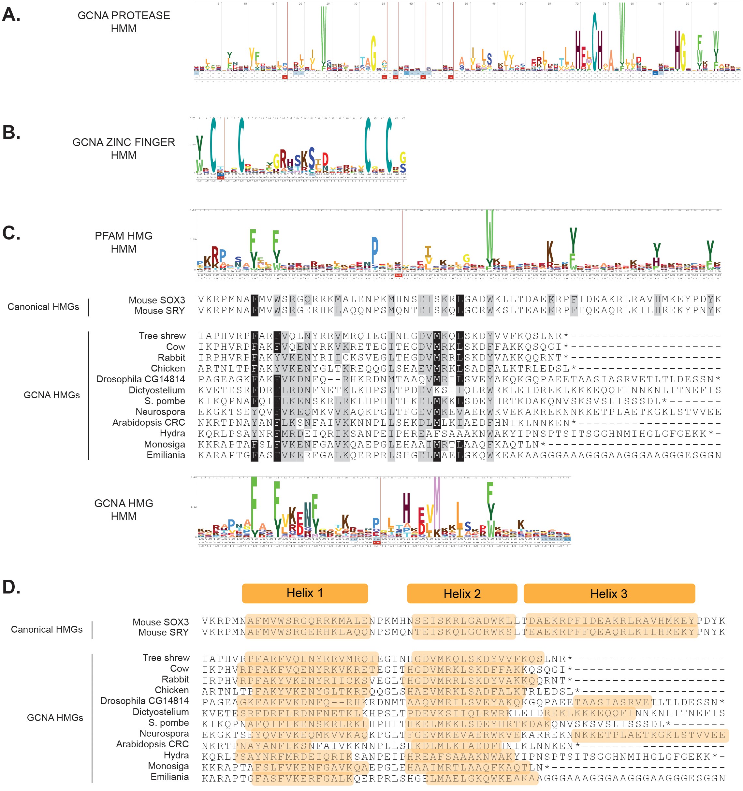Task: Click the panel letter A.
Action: point(11,15)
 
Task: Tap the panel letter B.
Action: point(11,133)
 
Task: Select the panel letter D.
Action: point(11,587)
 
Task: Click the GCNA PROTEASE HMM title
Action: point(124,22)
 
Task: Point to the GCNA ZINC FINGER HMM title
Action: point(124,148)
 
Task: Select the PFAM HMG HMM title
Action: point(124,242)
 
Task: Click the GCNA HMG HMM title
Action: point(124,510)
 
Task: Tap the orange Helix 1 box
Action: point(305,593)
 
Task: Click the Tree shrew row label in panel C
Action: point(162,336)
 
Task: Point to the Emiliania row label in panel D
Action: point(169,777)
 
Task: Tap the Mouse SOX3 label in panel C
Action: point(157,300)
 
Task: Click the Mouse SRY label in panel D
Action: point(164,632)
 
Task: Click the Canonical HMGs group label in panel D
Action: point(47,629)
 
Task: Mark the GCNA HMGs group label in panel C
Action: point(52,395)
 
